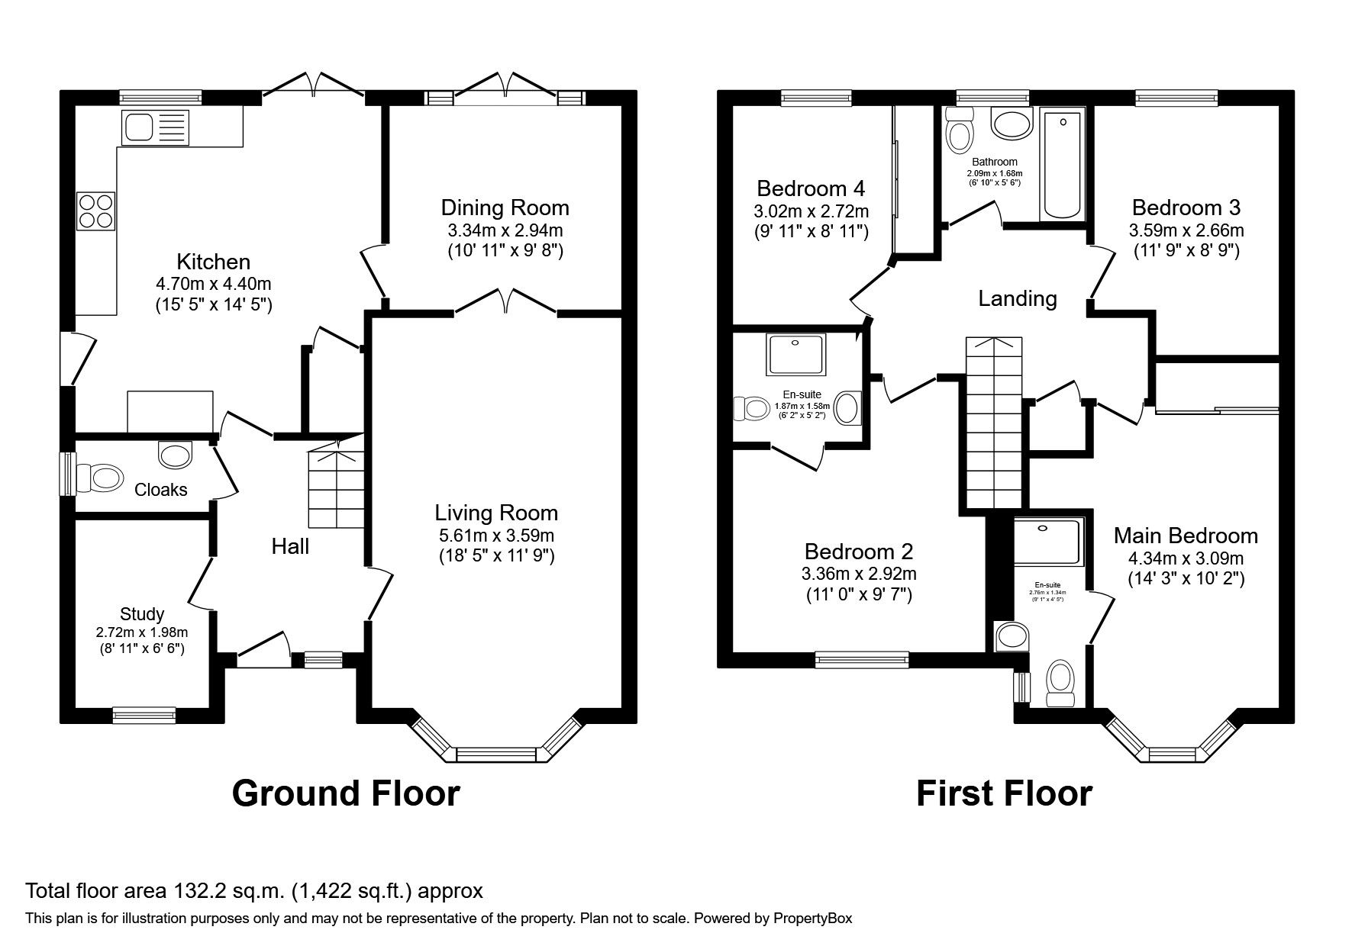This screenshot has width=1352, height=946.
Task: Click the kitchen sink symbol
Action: click(153, 127)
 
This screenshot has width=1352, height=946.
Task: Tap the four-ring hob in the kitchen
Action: click(95, 211)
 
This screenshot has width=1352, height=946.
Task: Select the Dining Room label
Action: click(505, 208)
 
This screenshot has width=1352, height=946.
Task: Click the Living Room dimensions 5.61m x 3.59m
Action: click(496, 536)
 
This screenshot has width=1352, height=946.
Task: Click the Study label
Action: click(142, 614)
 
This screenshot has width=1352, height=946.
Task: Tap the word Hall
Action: click(290, 546)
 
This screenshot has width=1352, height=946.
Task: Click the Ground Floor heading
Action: click(345, 793)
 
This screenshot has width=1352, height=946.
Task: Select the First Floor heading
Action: click(1004, 793)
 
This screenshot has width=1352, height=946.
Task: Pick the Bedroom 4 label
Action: click(811, 188)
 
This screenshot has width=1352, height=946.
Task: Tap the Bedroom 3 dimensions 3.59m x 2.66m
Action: click(1186, 230)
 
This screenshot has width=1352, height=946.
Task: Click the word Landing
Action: click(1017, 298)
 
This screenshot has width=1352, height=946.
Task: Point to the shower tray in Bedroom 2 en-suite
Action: click(796, 354)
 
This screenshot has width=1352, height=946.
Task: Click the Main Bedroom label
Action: click(1186, 536)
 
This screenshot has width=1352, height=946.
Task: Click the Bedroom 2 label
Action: click(859, 552)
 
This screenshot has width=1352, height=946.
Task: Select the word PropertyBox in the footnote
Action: click(812, 919)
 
